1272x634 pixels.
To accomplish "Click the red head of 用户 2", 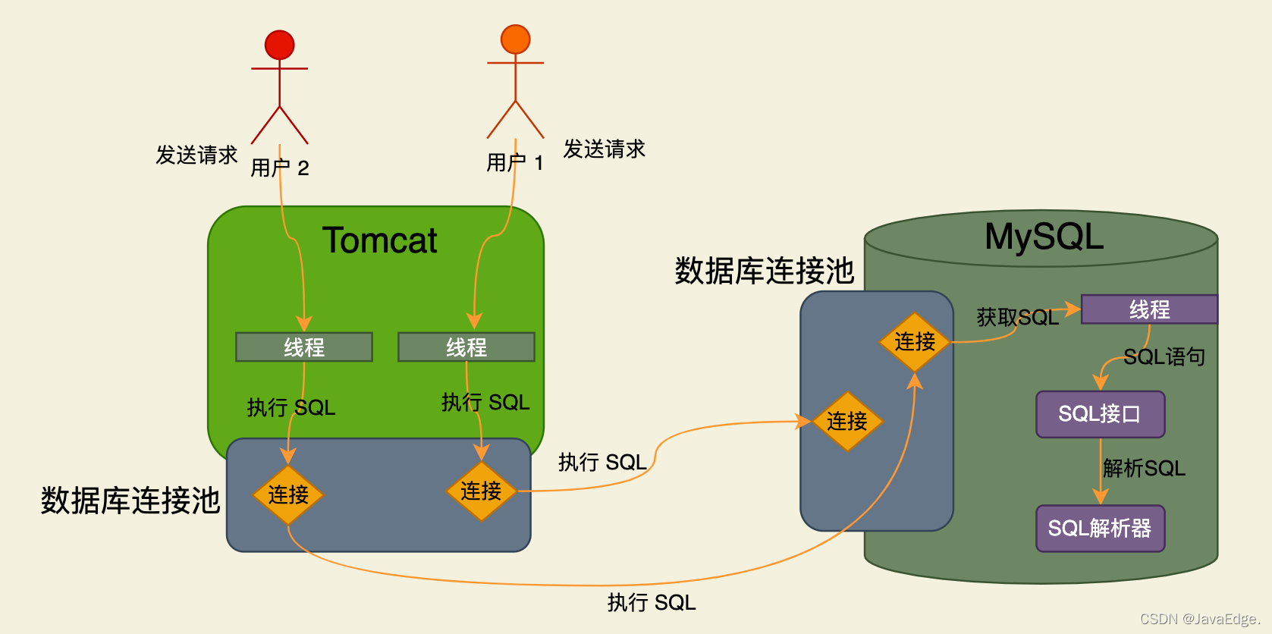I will coord(279,45).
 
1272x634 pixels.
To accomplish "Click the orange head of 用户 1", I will coord(515,39).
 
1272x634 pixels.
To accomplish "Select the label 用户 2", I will coord(280,168).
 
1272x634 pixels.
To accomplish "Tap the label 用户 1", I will coord(515,162).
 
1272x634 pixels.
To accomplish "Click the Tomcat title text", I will coord(380,240).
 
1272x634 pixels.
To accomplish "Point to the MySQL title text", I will coord(1044,237).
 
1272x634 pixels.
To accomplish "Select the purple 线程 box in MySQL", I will coord(1149,309).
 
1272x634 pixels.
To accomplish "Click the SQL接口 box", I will coord(1100,414).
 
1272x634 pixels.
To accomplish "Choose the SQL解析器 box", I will coord(1100,529).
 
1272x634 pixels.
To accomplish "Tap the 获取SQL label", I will coord(1017,317).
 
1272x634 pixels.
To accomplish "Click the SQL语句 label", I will coord(1164,356).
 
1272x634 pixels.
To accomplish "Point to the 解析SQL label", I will coord(1144,468).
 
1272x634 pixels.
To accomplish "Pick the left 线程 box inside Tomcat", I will coord(304,347).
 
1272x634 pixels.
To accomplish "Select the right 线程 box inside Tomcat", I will coord(466,347).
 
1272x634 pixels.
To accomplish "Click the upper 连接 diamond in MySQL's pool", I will coord(915,342).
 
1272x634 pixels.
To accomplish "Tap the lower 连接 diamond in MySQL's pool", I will coord(846,422).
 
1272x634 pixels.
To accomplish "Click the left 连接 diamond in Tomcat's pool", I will coord(288,494).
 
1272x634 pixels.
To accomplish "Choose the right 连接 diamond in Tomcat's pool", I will coord(481,491).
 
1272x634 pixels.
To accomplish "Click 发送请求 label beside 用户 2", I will coord(196,155).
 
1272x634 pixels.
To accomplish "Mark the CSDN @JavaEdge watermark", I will coord(1199,619).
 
